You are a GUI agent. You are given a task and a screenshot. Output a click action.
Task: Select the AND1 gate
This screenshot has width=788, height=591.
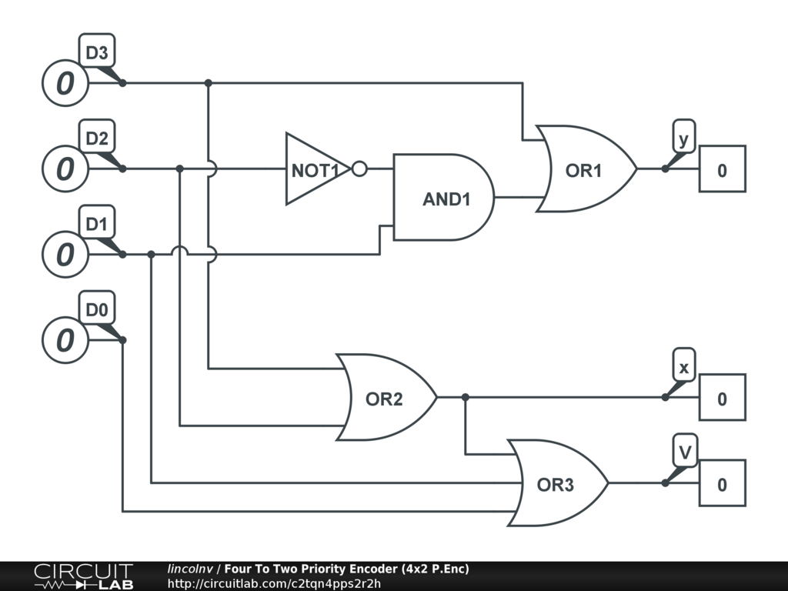[443, 198]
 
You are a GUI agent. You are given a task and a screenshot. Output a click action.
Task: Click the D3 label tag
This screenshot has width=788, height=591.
[97, 51]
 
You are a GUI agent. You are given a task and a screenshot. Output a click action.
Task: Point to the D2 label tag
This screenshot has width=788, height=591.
[97, 137]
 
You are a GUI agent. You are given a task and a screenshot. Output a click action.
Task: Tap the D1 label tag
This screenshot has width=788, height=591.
[97, 222]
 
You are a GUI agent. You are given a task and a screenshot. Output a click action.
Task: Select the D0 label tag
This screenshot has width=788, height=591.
[97, 309]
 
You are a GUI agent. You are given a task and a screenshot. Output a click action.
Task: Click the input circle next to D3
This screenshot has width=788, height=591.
[65, 83]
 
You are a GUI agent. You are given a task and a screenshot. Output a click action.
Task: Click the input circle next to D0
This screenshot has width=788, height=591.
[65, 340]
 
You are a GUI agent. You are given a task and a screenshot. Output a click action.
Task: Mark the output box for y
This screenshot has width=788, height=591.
[723, 169]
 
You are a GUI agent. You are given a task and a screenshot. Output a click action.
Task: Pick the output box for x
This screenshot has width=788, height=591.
[723, 398]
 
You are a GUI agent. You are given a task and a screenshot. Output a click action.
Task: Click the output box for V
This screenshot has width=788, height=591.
[723, 483]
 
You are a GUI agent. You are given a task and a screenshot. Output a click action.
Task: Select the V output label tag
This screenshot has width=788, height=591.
[685, 451]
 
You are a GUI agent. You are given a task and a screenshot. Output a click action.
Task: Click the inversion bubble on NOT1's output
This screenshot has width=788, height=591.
[359, 169]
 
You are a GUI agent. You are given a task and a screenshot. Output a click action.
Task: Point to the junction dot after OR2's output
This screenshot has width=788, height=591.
[466, 398]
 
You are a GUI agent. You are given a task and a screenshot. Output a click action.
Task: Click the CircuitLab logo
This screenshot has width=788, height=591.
[84, 576]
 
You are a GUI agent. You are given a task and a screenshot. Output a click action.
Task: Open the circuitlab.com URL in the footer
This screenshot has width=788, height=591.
[274, 583]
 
